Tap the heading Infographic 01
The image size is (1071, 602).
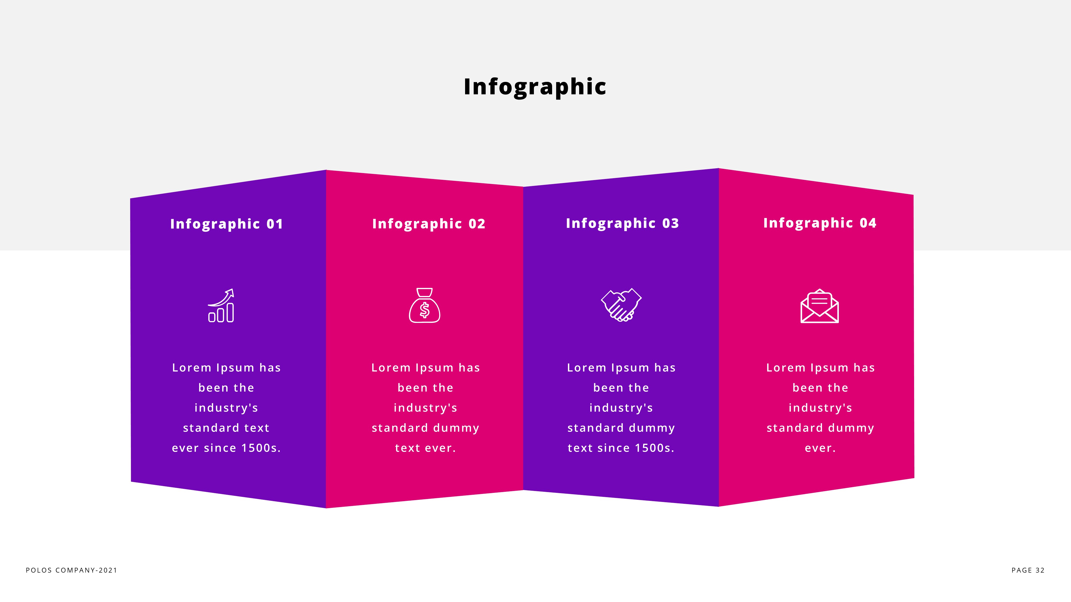[227, 224]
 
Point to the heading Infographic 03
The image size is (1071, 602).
[623, 223]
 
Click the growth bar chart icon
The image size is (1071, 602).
[221, 306]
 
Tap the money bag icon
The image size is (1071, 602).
[424, 306]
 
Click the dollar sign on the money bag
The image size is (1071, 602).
[424, 310]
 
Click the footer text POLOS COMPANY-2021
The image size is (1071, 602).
[71, 570]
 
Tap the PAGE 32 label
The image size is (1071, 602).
[1028, 570]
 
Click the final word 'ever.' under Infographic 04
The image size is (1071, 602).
[820, 448]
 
